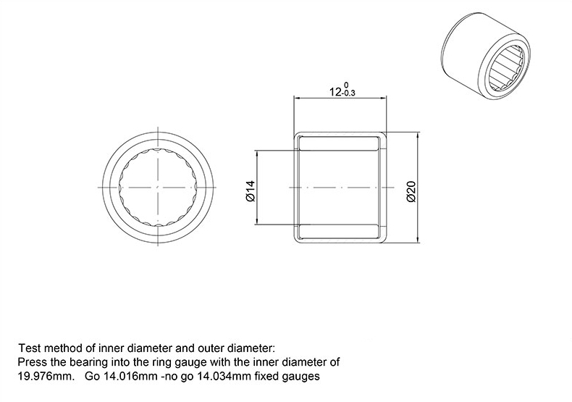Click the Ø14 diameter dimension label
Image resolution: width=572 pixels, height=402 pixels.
[x=251, y=190]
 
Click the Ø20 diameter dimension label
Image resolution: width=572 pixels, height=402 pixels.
[x=411, y=191]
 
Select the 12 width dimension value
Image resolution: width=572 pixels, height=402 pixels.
[x=335, y=91]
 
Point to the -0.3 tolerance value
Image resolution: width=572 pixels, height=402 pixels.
[x=348, y=93]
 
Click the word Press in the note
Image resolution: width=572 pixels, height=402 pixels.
[x=28, y=362]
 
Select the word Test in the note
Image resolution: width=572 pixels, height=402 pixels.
[x=30, y=348]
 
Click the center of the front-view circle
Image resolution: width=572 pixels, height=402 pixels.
[x=158, y=187]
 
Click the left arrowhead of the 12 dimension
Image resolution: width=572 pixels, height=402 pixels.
[x=297, y=98]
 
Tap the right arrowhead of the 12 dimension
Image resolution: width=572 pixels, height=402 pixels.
[x=384, y=98]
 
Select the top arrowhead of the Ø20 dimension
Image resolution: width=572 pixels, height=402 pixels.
[x=418, y=135]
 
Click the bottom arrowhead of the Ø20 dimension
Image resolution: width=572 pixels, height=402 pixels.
[x=418, y=239]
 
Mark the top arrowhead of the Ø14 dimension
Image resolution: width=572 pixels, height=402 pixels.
[x=257, y=154]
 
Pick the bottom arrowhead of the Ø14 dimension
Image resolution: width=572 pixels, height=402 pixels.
[x=257, y=222]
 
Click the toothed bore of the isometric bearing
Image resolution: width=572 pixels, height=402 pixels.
[x=506, y=67]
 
